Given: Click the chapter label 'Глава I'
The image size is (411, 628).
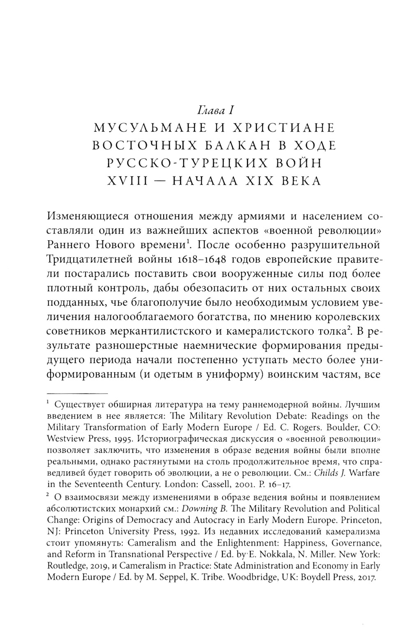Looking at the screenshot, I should (x=215, y=110).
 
